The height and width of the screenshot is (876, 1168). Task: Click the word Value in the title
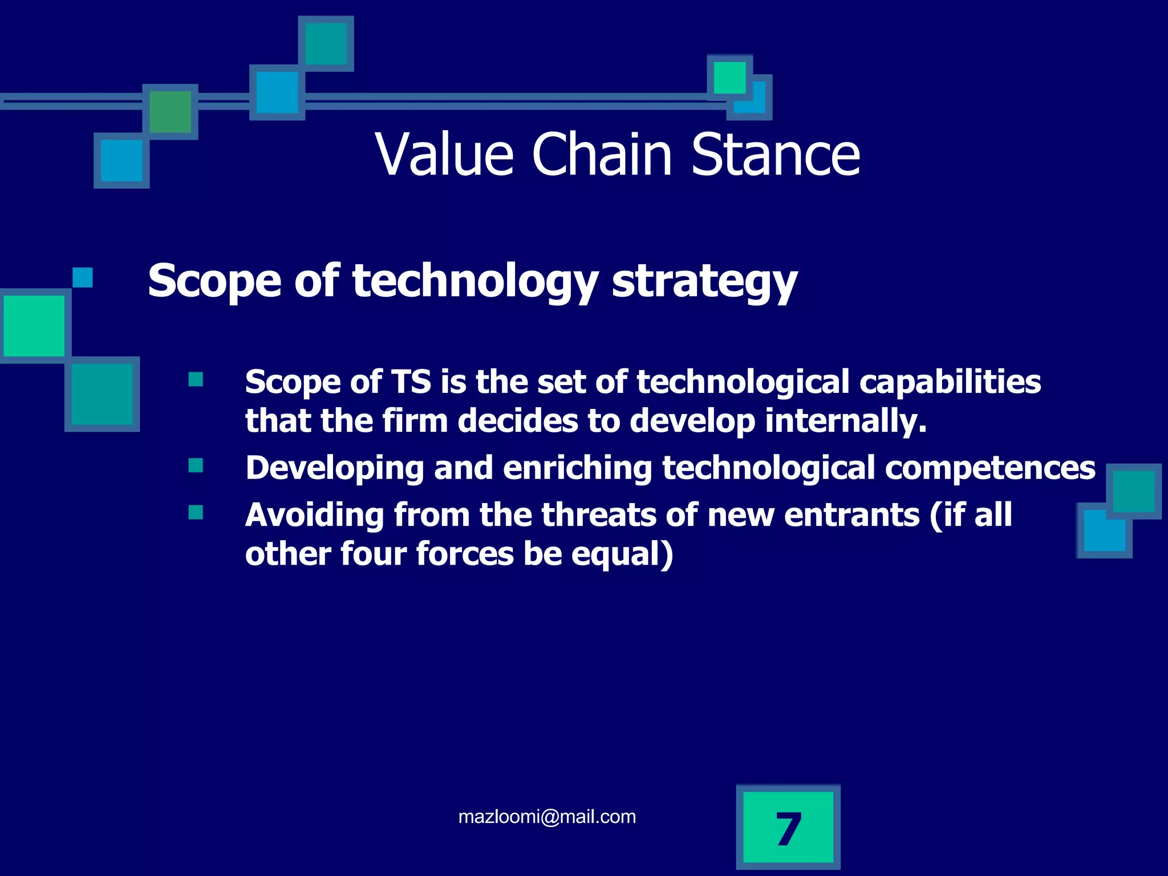tap(444, 155)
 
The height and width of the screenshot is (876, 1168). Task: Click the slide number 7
tap(788, 829)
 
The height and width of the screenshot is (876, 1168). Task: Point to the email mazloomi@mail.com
tap(547, 817)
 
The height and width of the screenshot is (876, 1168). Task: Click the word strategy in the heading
tap(704, 281)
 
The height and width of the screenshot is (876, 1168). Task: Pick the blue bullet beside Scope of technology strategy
tap(83, 278)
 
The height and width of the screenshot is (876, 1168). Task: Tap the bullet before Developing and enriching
tap(196, 465)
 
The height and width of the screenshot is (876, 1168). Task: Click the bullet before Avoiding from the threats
tap(196, 512)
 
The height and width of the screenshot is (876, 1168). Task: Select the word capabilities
tap(950, 382)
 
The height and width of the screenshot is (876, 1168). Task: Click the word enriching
tap(577, 468)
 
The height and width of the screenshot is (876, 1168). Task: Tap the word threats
tap(599, 515)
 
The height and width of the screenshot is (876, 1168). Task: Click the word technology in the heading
tap(475, 281)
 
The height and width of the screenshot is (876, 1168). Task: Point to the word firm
tap(415, 421)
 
